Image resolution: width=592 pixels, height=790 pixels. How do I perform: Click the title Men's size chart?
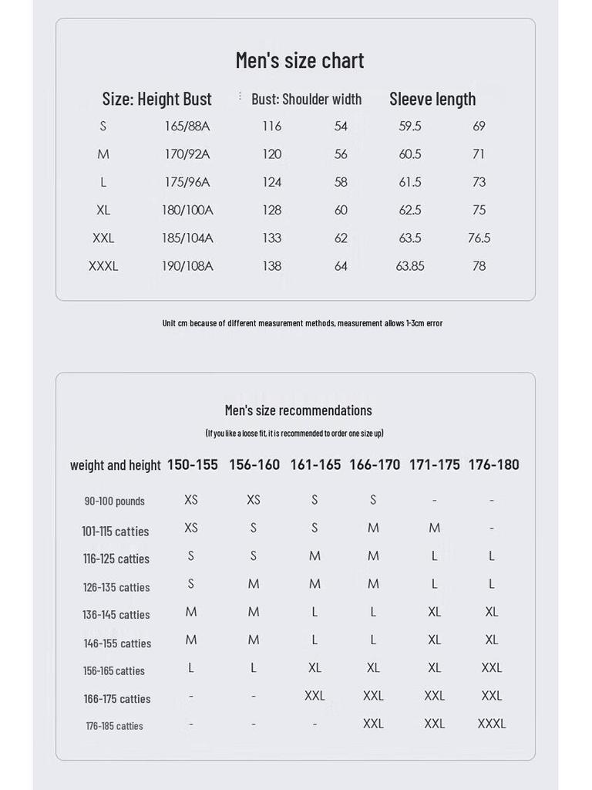point(300,60)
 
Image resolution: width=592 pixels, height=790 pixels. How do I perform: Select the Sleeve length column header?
point(432,99)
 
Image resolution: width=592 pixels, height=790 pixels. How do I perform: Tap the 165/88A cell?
point(187,126)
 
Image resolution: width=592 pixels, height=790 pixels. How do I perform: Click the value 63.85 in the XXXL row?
point(410,266)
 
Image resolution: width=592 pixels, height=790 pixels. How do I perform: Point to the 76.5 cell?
point(479,238)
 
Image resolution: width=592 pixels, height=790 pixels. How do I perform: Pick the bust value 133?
point(272,238)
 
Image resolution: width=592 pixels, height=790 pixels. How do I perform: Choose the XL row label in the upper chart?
point(103,210)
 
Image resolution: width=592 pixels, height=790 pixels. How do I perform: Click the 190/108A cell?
point(187,266)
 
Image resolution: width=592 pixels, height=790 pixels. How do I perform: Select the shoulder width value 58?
point(341,182)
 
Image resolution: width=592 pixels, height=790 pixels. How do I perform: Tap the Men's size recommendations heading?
point(298,410)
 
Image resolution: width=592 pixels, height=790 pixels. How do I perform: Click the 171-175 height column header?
point(435,464)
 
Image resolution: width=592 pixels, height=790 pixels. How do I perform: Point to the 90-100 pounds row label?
point(114,501)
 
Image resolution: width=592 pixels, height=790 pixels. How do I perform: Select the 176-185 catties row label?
point(114,726)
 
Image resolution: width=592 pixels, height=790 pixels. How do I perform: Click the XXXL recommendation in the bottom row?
point(492,724)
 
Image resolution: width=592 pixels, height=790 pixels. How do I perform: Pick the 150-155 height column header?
point(193,464)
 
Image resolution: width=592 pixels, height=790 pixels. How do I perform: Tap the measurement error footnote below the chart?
point(302,323)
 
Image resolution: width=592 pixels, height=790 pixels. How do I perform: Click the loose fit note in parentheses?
point(294,434)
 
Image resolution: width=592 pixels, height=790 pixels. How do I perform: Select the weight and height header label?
point(115,465)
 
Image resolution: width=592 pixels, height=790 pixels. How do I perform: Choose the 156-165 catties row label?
point(114,671)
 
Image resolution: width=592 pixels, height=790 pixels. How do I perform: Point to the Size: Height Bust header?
point(156,99)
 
